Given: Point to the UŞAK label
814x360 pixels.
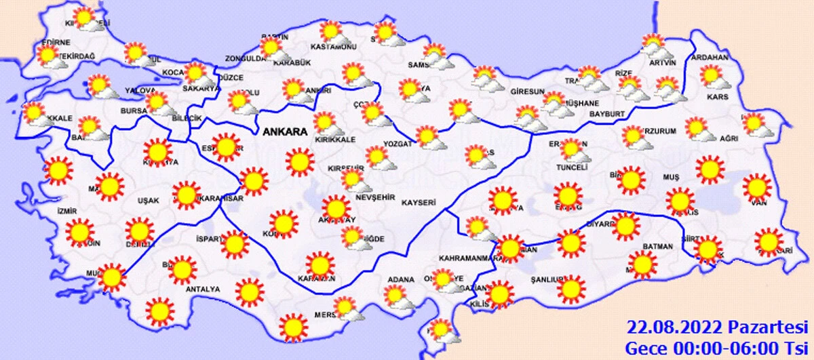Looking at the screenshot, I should click(x=148, y=201).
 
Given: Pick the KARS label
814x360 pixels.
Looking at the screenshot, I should click(x=717, y=97).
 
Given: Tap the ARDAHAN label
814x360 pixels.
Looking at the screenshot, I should click(x=709, y=58).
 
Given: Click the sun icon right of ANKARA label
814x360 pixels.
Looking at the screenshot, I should click(x=299, y=162).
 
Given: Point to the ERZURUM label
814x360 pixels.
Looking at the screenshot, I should click(x=661, y=132).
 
